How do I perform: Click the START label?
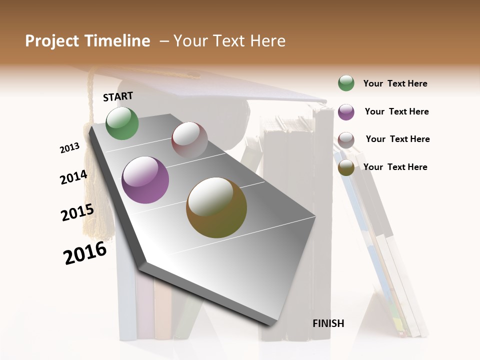[118, 96]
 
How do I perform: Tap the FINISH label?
[328, 323]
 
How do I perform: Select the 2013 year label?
[69, 148]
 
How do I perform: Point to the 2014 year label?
[73, 177]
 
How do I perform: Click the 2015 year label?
[77, 212]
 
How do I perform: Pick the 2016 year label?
[85, 252]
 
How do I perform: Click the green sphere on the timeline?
[122, 123]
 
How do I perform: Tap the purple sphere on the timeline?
[145, 180]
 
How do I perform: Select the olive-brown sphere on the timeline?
[216, 207]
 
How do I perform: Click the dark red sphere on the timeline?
[189, 140]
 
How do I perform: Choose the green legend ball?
[346, 83]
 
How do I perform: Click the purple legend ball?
[346, 112]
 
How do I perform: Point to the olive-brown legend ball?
[346, 167]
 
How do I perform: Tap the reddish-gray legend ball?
[346, 140]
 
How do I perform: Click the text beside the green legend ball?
[395, 84]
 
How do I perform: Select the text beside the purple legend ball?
[396, 111]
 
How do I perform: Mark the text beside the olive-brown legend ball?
[395, 167]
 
